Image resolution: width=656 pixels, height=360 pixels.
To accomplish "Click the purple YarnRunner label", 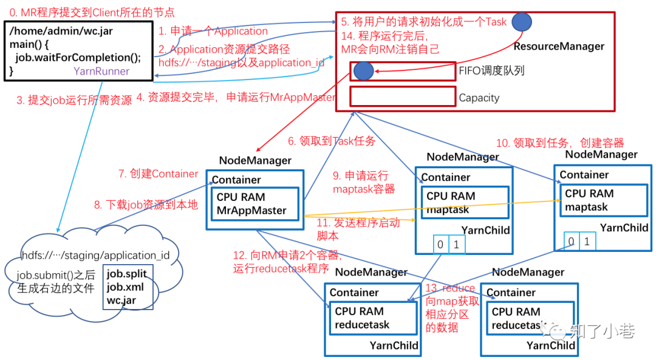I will point(101,72).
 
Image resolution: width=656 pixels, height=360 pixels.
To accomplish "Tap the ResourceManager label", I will point(559,46).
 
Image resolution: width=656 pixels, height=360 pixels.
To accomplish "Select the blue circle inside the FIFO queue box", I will point(363,71).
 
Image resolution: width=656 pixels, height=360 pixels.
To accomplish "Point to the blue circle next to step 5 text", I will point(521,22).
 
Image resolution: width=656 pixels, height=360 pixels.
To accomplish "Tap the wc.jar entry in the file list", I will point(121,300).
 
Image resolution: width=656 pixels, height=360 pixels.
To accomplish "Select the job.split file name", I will point(126,274).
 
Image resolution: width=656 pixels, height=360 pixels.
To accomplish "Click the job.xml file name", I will point(125,287).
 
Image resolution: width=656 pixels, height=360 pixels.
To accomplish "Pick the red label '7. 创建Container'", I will point(159,174).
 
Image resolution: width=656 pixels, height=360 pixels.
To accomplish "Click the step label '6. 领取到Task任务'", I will point(332,141).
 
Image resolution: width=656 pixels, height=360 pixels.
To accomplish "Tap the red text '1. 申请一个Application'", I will point(213,31).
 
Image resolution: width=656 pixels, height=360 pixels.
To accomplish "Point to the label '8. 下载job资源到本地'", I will point(146,205).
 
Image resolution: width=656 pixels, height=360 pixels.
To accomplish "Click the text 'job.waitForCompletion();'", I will point(78,58).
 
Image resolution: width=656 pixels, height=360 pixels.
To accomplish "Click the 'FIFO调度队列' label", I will point(491,71).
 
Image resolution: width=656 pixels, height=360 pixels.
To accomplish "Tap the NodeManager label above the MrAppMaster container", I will point(255,161).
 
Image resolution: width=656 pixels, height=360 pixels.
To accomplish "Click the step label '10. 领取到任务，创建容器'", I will point(559,143).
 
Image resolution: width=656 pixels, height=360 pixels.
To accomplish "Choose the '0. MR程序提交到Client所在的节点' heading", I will point(88,12).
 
